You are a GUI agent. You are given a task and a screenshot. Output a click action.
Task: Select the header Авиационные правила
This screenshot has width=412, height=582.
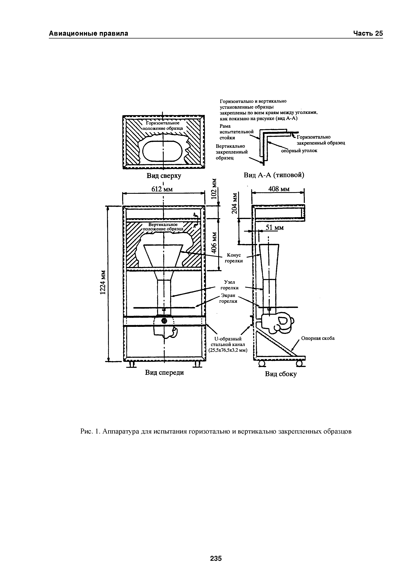(x=89, y=34)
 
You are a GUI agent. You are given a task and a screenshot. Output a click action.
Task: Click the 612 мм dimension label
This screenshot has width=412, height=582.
(x=162, y=189)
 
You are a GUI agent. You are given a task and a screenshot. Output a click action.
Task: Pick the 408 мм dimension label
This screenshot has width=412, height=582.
(x=279, y=189)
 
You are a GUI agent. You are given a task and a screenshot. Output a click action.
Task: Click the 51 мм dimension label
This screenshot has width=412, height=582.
(x=274, y=228)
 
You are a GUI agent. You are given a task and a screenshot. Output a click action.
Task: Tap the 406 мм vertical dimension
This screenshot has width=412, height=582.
(x=215, y=243)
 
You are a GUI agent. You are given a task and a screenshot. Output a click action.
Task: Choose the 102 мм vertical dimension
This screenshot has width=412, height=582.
(x=215, y=189)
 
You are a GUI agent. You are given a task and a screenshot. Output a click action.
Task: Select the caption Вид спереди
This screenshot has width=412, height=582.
(x=164, y=372)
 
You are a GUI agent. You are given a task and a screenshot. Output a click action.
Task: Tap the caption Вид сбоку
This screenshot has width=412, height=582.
(x=281, y=374)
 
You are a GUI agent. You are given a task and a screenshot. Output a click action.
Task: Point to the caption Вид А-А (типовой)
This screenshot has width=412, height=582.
(x=274, y=175)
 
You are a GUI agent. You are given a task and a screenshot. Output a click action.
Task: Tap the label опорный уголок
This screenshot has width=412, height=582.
(x=299, y=151)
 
